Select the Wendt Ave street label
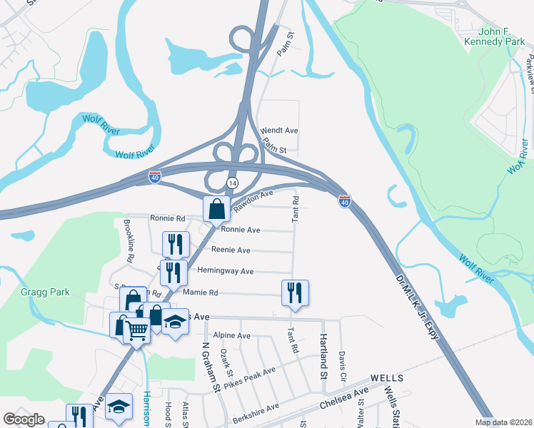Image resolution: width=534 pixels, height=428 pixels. (279, 131)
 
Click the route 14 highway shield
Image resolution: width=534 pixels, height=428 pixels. (232, 183)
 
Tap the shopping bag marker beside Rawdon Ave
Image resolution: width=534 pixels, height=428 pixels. (216, 209)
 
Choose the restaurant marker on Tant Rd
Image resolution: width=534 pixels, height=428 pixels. (294, 292)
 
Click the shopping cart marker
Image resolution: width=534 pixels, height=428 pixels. (136, 329)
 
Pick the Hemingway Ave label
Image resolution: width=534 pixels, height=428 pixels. (226, 271)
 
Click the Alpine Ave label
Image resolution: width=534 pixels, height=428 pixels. (232, 335)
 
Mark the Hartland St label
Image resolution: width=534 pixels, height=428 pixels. (323, 355)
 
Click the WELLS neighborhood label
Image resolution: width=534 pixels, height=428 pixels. (387, 377)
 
